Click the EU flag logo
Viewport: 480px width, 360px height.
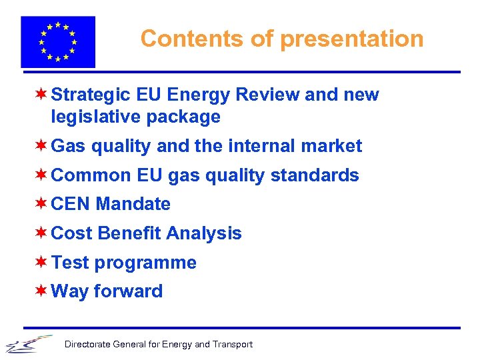[x=58, y=41]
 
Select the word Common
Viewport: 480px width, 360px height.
[x=91, y=175]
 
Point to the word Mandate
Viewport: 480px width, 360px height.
[x=133, y=204]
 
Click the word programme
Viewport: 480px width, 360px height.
[x=145, y=263]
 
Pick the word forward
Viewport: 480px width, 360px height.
[x=128, y=291]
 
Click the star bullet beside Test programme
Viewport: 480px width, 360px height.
[x=41, y=262]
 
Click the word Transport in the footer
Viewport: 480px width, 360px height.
[x=233, y=345]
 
